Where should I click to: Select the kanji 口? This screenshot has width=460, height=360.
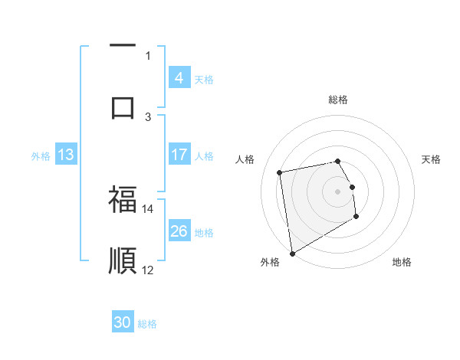coord(123,106)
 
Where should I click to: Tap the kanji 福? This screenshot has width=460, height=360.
coord(123,200)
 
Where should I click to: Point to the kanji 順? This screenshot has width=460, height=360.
coord(123,260)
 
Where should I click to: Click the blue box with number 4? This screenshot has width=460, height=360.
coord(179,78)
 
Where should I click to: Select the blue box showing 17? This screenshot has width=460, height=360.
coord(179,155)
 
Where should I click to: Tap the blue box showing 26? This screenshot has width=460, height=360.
coord(179,231)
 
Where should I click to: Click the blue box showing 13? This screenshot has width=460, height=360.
coord(65,155)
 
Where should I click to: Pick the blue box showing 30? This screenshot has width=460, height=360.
coord(123,322)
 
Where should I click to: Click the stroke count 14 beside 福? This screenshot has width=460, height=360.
coord(147,208)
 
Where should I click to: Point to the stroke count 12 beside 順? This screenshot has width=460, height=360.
coord(147,270)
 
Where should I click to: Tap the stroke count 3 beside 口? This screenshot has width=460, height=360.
coord(148,116)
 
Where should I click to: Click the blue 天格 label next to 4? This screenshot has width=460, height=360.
coord(204,80)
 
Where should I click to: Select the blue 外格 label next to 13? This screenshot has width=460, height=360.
coord(41,156)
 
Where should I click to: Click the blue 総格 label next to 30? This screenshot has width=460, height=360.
coord(147,324)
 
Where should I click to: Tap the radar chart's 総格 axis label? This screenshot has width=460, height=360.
coord(337,100)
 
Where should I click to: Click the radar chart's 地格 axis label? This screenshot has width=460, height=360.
coord(402,262)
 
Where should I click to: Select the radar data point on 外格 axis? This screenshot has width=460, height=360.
coord(292,253)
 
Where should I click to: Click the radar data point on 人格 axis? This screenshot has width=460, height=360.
coord(280,172)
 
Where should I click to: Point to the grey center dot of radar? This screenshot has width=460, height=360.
coord(337,191)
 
